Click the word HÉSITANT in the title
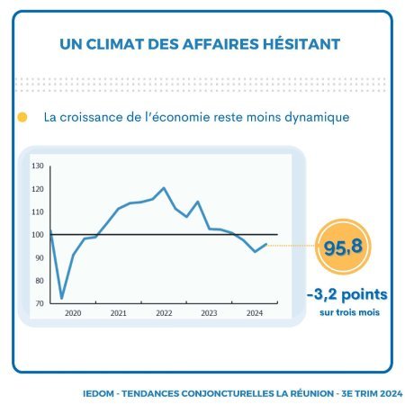coord(301,44)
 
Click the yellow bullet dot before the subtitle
coord(22,117)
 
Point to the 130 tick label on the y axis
coord(38,166)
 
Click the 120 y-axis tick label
coord(38,189)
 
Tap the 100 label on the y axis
coord(38,235)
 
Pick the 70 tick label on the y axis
coord(40,303)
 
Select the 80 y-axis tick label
coord(40,281)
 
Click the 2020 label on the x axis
coord(73,313)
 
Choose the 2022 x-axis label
coord(164,313)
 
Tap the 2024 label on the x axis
coord(255,313)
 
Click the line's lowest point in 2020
coord(62,298)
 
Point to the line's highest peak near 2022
coord(164,188)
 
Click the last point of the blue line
coord(266,244)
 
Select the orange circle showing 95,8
coord(343,247)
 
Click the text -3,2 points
coord(347,294)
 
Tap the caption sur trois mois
coord(349,312)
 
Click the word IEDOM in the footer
coord(98,393)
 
